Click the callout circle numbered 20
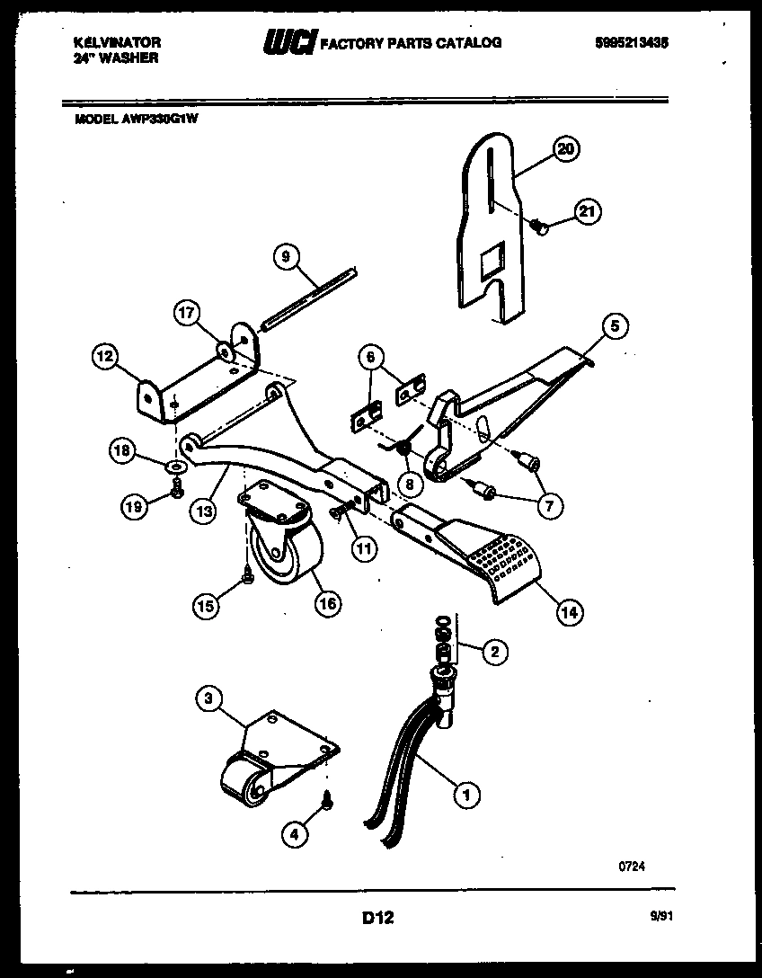click(565, 150)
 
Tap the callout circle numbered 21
click(586, 212)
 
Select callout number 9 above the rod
click(285, 257)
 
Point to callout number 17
click(185, 313)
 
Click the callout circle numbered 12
click(105, 358)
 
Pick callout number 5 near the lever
click(615, 326)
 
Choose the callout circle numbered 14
click(568, 612)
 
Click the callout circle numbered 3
click(208, 698)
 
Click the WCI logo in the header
click(289, 42)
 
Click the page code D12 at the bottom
click(378, 918)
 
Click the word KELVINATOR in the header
click(117, 42)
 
